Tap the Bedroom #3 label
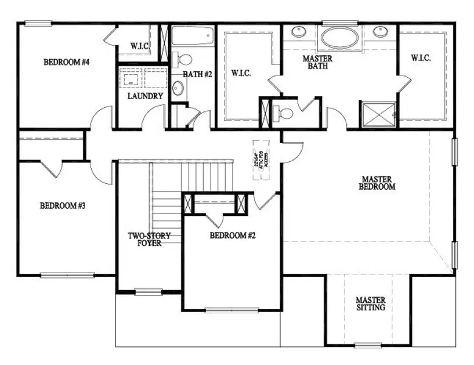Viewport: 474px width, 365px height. tap(63, 206)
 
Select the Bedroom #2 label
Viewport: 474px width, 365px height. tap(232, 235)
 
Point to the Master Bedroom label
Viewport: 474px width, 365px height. tap(378, 182)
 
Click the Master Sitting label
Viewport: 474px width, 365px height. tap(370, 304)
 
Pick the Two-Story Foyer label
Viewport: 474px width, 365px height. tap(149, 240)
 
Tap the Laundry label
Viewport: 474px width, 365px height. tap(145, 96)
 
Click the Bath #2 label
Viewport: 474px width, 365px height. tap(197, 74)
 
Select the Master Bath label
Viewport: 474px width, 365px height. tap(318, 62)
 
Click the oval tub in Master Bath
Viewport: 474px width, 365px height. tap(340, 38)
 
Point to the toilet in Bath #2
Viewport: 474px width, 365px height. tap(183, 60)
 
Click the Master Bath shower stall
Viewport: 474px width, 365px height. tap(379, 114)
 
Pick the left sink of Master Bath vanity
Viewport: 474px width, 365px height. tap(298, 31)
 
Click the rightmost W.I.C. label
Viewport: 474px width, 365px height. tap(421, 58)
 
